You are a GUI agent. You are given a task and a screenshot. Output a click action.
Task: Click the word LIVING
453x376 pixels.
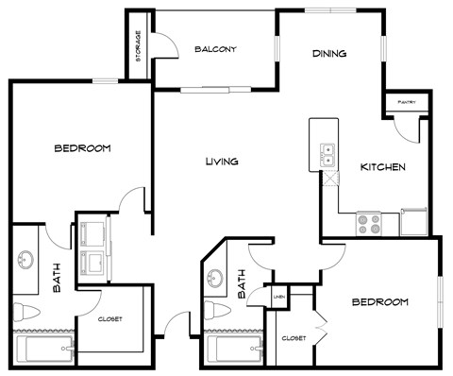tap(221, 162)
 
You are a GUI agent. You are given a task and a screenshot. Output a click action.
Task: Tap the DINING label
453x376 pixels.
tap(329, 54)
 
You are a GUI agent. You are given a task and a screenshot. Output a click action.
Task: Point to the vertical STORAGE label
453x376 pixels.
tap(139, 46)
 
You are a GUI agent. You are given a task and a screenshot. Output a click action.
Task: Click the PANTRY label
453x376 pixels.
tap(407, 101)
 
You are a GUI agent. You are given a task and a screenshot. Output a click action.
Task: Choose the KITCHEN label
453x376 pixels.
tap(383, 167)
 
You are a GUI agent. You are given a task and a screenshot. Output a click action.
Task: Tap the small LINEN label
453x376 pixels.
tap(278, 297)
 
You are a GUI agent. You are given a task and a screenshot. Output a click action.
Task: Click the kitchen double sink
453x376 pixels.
tap(327, 154)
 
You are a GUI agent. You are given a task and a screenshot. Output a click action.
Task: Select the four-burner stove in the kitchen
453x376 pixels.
tap(368, 224)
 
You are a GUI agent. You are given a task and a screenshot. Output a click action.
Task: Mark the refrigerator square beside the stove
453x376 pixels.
tap(414, 222)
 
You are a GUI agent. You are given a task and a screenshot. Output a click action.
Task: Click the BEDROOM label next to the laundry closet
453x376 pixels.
tap(82, 148)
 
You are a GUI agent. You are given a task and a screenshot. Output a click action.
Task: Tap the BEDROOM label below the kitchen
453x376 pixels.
tap(379, 302)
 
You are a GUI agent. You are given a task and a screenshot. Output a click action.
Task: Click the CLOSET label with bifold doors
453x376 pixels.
tap(294, 337)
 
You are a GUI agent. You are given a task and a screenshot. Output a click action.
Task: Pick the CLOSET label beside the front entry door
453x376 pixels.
tap(110, 319)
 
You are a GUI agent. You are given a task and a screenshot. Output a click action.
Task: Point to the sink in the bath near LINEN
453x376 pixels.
tap(216, 279)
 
